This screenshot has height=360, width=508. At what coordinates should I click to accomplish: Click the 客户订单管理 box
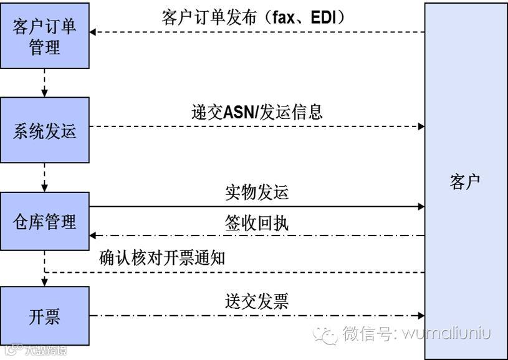[44, 36]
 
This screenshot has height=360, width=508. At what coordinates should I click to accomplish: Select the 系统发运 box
[44, 130]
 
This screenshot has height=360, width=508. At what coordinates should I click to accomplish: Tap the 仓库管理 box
[44, 222]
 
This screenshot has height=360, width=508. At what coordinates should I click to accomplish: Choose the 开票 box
[44, 316]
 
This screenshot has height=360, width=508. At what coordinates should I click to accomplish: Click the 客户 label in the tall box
[465, 182]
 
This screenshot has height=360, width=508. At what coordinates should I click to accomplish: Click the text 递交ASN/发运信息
[257, 112]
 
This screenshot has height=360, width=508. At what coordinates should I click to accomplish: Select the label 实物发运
[257, 192]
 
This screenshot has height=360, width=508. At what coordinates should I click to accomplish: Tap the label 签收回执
[257, 223]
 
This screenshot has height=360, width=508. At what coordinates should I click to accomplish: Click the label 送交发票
[257, 302]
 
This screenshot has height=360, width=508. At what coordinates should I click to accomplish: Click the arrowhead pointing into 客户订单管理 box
[93, 32]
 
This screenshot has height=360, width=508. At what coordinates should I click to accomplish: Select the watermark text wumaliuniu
[446, 334]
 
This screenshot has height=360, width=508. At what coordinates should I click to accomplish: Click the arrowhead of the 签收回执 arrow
[93, 235]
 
